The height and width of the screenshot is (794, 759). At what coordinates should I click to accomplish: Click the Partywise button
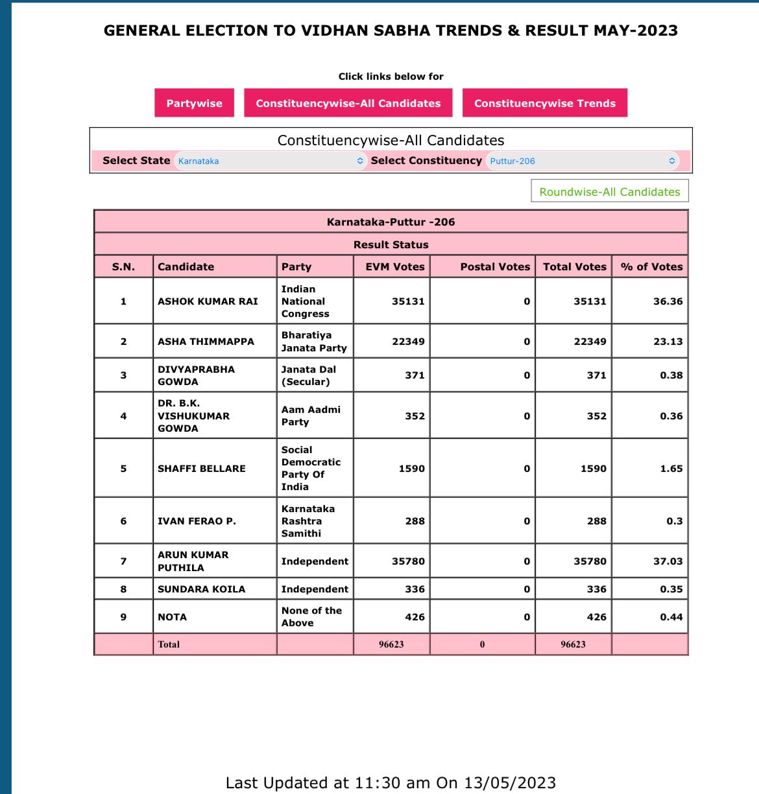click(194, 103)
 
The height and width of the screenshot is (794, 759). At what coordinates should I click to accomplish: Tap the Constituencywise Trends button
click(544, 103)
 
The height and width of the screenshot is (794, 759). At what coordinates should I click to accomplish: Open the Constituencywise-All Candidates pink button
click(348, 103)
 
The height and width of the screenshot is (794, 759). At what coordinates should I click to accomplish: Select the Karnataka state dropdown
click(270, 161)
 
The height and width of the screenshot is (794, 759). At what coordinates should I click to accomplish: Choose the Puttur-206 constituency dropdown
click(582, 161)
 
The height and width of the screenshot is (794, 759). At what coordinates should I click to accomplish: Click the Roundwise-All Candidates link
click(609, 192)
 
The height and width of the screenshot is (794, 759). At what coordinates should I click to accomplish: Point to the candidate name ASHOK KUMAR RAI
click(208, 301)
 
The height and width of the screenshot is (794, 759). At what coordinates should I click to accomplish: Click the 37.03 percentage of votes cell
click(668, 561)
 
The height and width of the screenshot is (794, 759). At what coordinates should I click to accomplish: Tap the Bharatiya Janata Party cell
click(314, 342)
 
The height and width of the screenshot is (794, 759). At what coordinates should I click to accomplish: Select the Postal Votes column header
click(495, 266)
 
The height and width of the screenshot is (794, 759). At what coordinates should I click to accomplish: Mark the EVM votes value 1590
click(411, 469)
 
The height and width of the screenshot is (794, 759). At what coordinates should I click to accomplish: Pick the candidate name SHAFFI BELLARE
click(202, 469)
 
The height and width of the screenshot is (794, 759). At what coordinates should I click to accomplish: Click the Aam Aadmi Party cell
click(311, 416)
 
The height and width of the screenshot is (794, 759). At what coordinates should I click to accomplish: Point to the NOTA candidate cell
click(173, 617)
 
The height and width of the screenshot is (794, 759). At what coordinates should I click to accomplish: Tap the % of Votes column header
click(651, 266)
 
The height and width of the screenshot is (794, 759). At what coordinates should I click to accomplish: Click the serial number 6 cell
click(123, 521)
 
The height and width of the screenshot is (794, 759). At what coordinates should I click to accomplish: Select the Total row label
click(169, 644)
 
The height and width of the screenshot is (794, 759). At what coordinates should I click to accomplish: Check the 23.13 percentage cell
click(668, 342)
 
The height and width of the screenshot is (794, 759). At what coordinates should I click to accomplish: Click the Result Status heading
click(391, 244)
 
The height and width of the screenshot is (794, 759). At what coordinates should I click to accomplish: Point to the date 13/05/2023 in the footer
click(510, 783)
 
